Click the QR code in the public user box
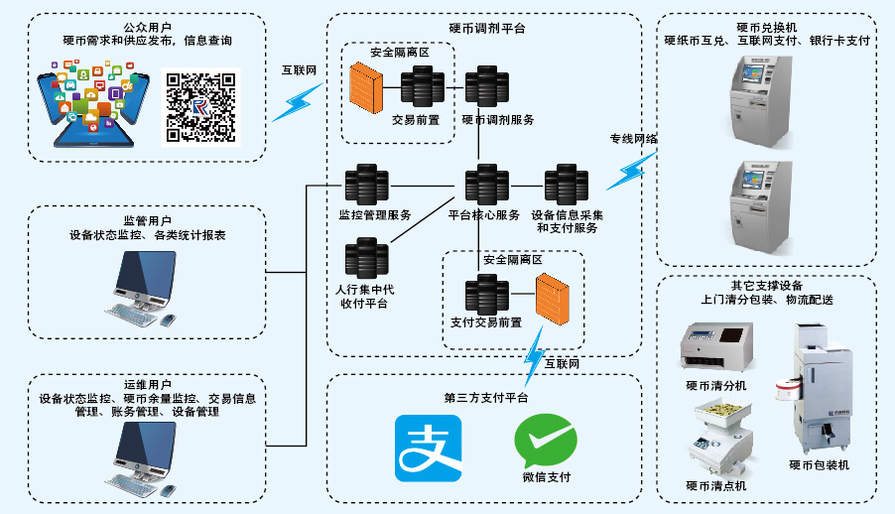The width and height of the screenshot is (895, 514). pos(200,107)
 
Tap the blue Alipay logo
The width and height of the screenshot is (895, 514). pos(428,449)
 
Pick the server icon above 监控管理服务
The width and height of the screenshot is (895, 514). pos(366,187)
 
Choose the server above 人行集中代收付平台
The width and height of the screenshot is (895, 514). pos(366,259)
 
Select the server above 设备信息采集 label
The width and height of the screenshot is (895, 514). pos(566,187)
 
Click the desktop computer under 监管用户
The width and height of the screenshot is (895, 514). pos(145,287)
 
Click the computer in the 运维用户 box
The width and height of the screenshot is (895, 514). pos(145,457)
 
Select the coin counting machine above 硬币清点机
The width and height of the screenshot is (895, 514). pos(718,438)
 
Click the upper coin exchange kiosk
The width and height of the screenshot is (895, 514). pos(761,96)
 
